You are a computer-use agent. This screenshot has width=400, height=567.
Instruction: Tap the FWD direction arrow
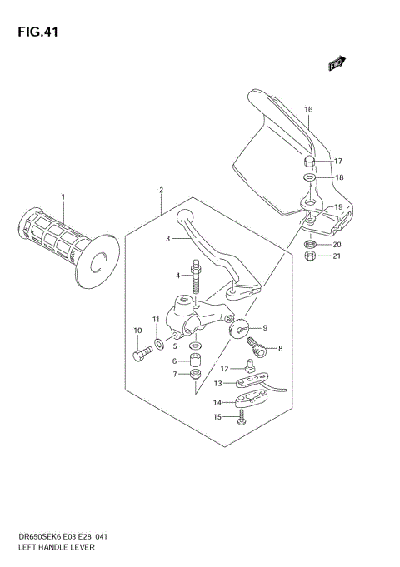point(337,63)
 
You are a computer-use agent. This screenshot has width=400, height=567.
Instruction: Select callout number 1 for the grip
point(62,196)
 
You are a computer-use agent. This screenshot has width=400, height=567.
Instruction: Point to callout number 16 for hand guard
point(307,110)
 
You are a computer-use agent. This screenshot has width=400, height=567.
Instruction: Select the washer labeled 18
point(309,177)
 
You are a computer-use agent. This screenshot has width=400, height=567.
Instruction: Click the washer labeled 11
point(158,341)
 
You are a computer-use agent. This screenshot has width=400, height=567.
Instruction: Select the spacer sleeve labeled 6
point(194,361)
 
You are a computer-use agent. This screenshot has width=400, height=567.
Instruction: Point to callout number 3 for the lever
point(167,239)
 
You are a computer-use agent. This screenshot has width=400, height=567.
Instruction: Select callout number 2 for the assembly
point(161,190)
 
